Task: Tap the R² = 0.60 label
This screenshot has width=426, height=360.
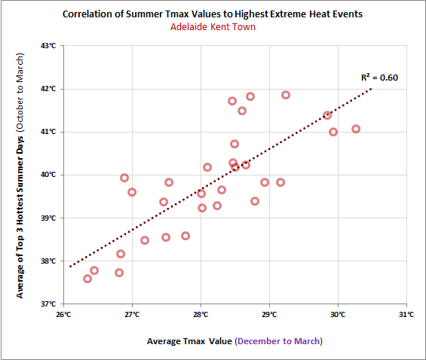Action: point(379,77)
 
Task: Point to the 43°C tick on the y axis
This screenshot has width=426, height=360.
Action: point(48,46)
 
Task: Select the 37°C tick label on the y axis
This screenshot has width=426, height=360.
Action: point(48,304)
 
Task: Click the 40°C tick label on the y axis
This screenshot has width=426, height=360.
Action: point(48,175)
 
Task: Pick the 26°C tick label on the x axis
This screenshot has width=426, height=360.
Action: point(63,315)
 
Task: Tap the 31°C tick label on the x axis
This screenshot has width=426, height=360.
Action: point(406,315)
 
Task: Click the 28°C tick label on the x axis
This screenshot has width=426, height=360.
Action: point(201,315)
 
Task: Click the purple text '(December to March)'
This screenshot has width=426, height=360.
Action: point(278,341)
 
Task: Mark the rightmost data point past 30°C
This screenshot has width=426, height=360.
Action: point(356,129)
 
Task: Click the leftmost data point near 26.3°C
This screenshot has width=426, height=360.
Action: point(87,279)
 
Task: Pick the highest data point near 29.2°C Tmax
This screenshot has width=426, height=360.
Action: point(286,95)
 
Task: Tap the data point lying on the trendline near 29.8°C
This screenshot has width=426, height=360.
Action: point(327,115)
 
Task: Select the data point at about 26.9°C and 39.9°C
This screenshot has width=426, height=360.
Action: point(124,178)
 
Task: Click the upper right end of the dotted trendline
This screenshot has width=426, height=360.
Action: point(372,88)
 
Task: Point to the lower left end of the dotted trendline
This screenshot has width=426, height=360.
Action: point(69,266)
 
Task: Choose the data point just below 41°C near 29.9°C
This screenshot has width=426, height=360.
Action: point(333,132)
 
